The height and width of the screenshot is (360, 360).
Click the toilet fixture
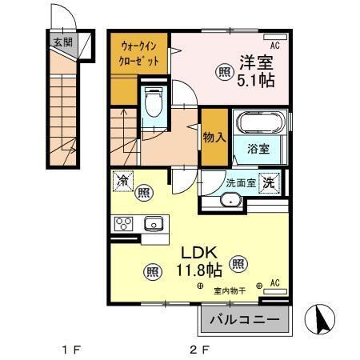coord(154,102)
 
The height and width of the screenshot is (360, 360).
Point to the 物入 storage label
coord(214,137)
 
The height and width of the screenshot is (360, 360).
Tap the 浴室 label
coord(258,150)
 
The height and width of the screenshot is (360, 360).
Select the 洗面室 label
coord(240,182)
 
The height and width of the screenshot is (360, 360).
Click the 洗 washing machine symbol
coord(271,182)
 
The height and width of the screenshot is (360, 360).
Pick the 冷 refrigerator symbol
coord(122,182)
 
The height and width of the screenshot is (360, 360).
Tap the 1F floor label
coord(71,350)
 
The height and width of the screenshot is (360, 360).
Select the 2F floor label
coord(199,350)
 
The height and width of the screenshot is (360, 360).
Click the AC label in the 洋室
coord(274,45)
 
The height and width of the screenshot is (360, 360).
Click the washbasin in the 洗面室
coord(231,201)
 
